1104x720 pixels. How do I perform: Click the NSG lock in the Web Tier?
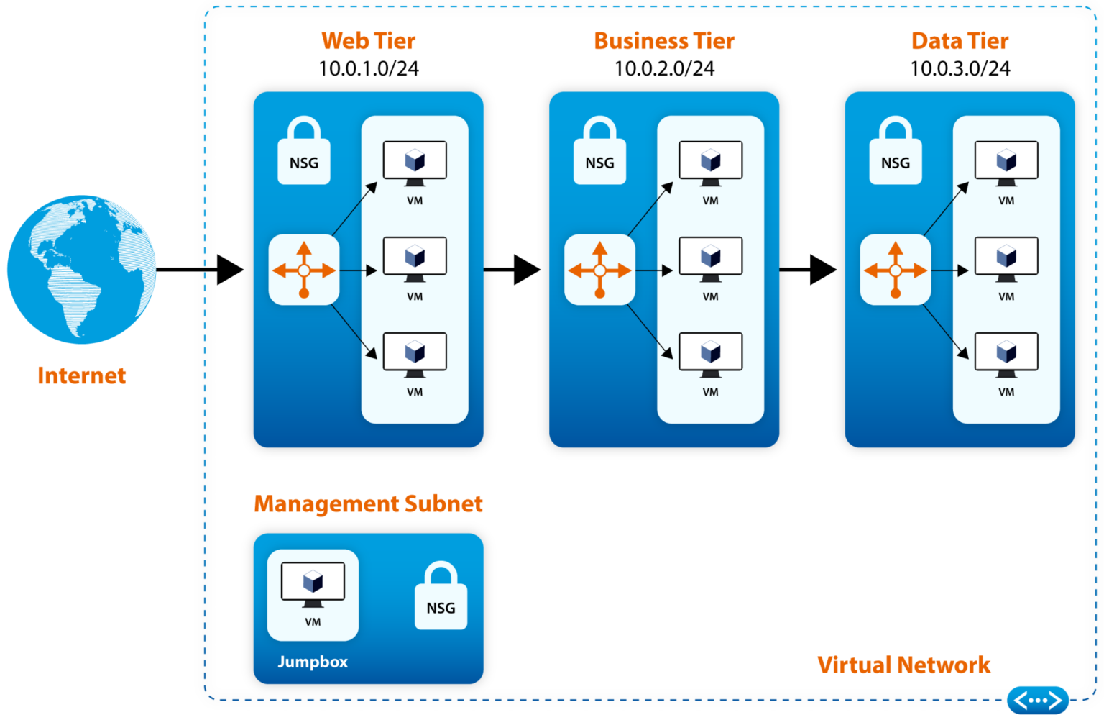[304, 152]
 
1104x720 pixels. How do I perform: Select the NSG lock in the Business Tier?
[599, 152]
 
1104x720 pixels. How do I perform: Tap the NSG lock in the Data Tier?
[896, 152]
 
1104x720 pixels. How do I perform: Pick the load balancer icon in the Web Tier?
[304, 270]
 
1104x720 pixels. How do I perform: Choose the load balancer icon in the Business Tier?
[599, 270]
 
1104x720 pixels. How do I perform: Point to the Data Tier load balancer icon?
[896, 270]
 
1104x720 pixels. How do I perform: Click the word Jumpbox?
[313, 662]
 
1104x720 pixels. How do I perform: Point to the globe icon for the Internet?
[81, 266]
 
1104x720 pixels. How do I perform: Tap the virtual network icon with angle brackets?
[1038, 700]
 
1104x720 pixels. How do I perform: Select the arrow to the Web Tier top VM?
[355, 209]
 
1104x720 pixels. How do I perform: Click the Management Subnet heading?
[368, 504]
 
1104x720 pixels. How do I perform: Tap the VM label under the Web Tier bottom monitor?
[415, 392]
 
